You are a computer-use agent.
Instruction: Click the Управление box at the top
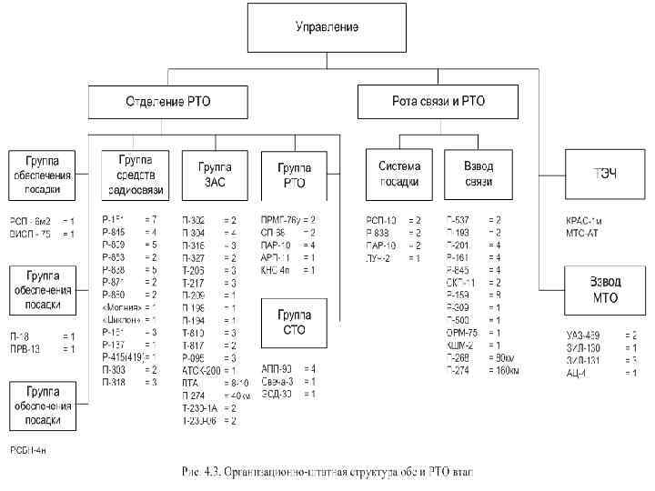pos(326,26)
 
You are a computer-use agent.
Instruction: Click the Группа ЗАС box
pos(212,175)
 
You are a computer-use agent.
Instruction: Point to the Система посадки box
pos(398,175)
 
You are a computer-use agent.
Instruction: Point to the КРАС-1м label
pos(584,220)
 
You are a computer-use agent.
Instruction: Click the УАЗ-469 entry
pos(582,335)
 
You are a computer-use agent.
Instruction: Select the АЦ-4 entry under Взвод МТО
pos(577,373)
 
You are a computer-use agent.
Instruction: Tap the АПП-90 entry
pos(275,368)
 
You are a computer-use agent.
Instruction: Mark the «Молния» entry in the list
pos(122,308)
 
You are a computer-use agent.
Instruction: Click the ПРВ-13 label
pos(24,349)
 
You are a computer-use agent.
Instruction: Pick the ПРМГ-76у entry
pos(282,220)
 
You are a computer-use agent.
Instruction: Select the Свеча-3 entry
pos(277,381)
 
